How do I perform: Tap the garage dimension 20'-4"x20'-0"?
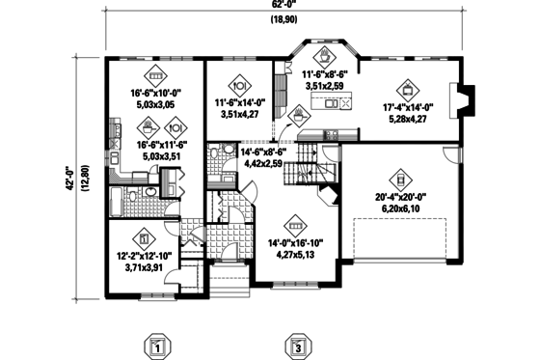pos(397,195)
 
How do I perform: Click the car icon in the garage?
pos(397,178)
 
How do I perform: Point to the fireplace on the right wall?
pos(466,99)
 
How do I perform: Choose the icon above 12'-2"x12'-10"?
pos(144,235)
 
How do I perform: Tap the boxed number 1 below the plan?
pos(159,346)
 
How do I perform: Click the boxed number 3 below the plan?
pos(298,346)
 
